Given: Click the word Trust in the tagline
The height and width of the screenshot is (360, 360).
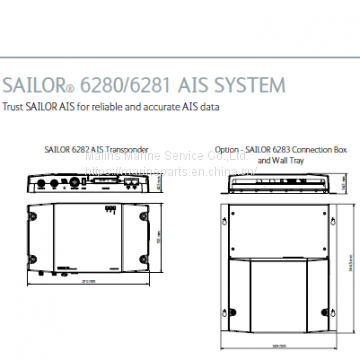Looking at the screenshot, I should pos(13,105).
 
